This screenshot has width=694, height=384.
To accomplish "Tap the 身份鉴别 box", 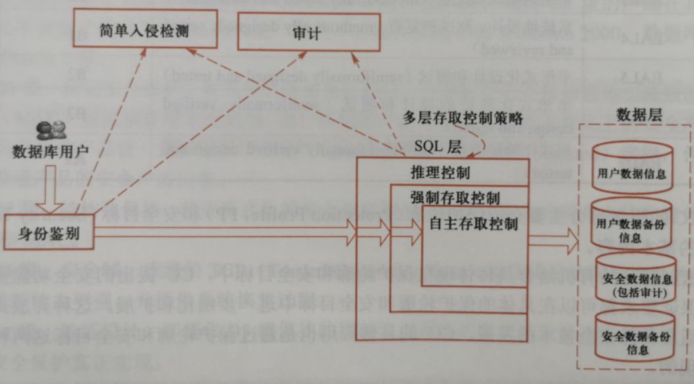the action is tap(47, 234).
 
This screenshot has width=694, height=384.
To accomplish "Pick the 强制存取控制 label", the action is tap(455, 198).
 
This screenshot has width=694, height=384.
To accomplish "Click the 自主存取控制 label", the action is tap(473, 225).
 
